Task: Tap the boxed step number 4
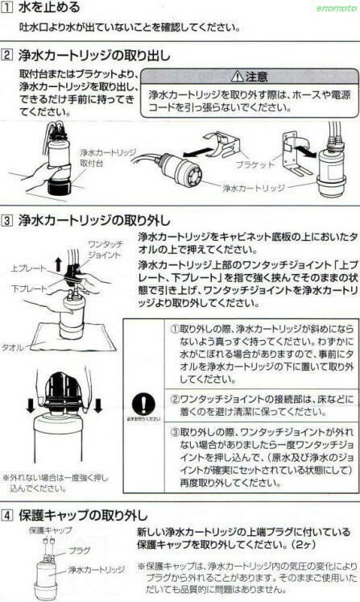pyautogui.click(x=7, y=513)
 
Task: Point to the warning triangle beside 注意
pyautogui.click(x=235, y=77)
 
